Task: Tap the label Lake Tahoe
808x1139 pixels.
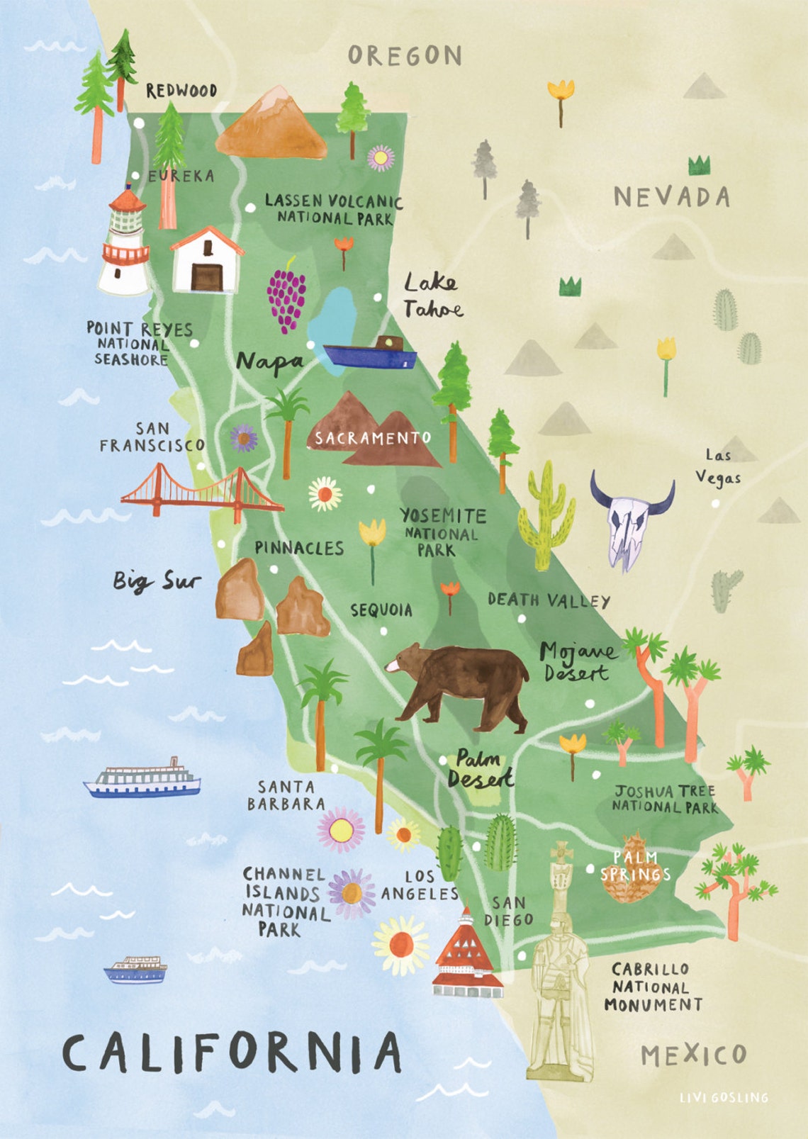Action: pyautogui.click(x=432, y=296)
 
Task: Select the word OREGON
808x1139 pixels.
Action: pyautogui.click(x=405, y=55)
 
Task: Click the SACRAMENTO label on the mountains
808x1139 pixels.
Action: pyautogui.click(x=373, y=438)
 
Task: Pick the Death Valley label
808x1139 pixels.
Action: pyautogui.click(x=549, y=600)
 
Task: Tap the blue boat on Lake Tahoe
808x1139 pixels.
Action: pyautogui.click(x=369, y=353)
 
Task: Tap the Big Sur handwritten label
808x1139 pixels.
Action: pyautogui.click(x=157, y=581)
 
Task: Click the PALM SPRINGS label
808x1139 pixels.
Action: pyautogui.click(x=634, y=866)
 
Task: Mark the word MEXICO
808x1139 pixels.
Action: pyautogui.click(x=693, y=1055)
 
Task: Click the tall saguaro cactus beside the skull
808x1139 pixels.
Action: pyautogui.click(x=544, y=517)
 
